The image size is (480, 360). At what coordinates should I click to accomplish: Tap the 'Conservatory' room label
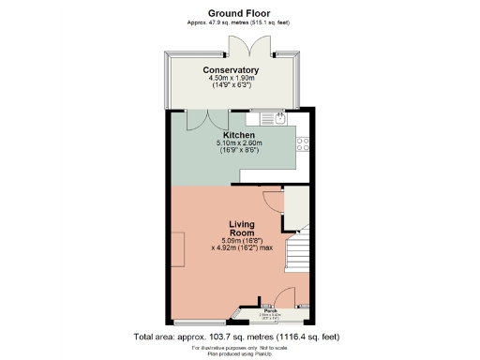(231, 70)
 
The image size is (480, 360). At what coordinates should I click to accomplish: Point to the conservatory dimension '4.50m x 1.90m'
(231, 80)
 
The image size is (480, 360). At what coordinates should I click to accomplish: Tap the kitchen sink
(279, 118)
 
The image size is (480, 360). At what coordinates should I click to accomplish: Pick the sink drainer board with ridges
(267, 119)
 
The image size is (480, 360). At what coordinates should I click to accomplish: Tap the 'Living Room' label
(242, 228)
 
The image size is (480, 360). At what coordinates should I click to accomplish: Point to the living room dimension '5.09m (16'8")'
(242, 241)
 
